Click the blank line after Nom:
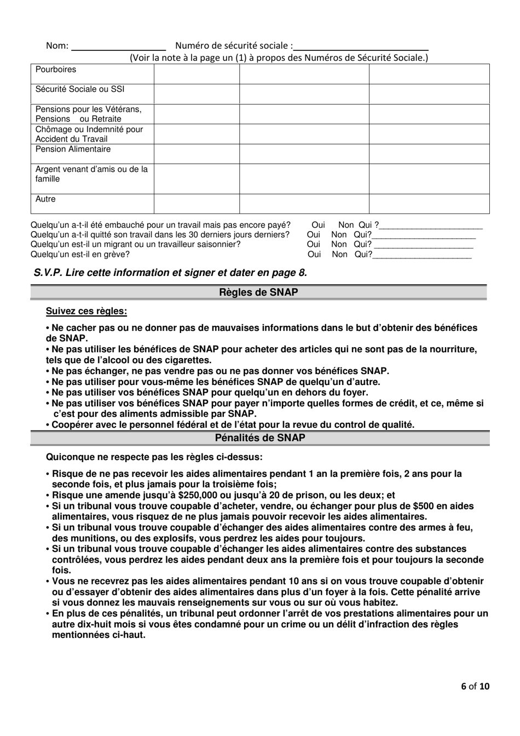click(x=119, y=46)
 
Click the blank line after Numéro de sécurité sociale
click(x=361, y=46)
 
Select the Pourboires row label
click(x=56, y=70)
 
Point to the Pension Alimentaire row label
click(x=73, y=150)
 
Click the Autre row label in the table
click(x=45, y=199)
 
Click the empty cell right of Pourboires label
click(x=197, y=74)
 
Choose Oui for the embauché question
click(x=318, y=225)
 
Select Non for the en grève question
click(x=339, y=255)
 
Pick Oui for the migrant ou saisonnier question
click(x=314, y=245)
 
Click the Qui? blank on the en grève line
click(x=421, y=255)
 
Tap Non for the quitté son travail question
click(x=339, y=235)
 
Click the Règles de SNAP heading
click(x=258, y=292)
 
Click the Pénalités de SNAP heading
click(x=258, y=438)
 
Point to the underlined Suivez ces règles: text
click(x=86, y=312)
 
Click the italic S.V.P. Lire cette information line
click(x=170, y=273)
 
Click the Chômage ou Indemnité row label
click(x=89, y=134)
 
